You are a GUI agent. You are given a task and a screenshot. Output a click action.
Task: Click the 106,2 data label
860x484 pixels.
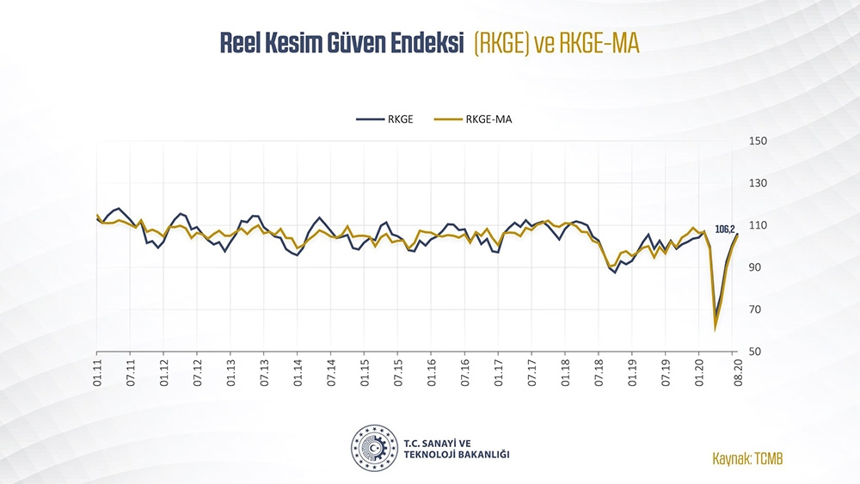(x=725, y=229)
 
